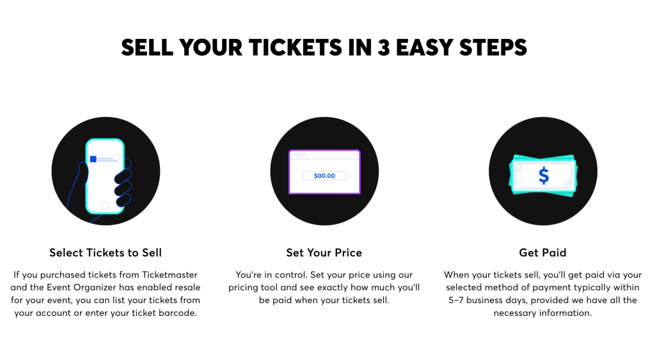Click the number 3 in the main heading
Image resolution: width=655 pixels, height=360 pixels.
click(384, 47)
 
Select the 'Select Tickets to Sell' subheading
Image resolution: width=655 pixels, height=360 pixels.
click(106, 253)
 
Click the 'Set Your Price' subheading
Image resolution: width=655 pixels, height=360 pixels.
click(324, 253)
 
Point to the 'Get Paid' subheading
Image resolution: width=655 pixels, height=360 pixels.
click(542, 253)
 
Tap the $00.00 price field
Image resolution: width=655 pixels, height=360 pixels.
click(324, 175)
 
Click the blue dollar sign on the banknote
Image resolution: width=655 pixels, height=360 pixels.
click(543, 175)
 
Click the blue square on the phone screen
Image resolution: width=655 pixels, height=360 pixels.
click(93, 159)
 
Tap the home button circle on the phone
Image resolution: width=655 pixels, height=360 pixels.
click(105, 206)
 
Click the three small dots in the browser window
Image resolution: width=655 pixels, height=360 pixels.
click(298, 155)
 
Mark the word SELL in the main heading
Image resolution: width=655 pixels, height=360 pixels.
click(146, 47)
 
